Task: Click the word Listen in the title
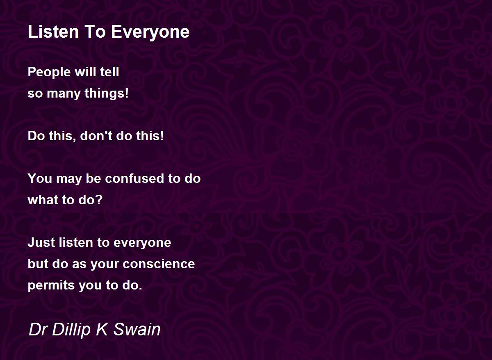click(53, 32)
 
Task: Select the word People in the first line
click(49, 72)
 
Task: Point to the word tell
click(109, 72)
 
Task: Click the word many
click(64, 94)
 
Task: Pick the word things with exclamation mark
click(107, 93)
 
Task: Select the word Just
click(41, 242)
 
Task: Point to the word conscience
click(159, 264)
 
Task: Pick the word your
click(105, 265)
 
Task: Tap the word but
click(38, 264)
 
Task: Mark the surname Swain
click(137, 330)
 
